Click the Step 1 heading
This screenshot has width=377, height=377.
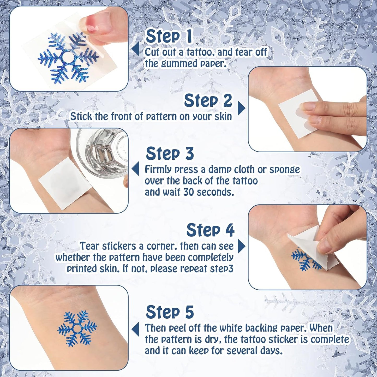coord(169,36)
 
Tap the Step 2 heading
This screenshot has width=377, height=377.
coord(208,101)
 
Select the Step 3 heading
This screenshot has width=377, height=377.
coord(170,153)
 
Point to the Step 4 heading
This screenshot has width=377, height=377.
coord(210,230)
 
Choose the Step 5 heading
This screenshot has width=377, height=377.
coord(170,312)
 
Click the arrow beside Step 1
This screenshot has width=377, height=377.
coord(136,49)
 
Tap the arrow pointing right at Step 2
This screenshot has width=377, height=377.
coord(241,108)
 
